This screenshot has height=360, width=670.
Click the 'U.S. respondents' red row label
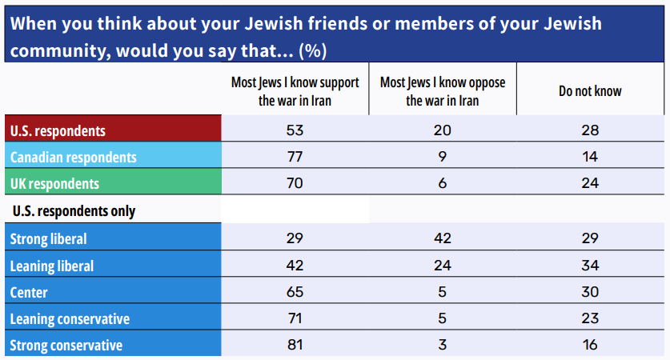point(58,130)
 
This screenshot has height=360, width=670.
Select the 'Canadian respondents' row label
point(73,157)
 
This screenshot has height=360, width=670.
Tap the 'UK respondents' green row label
point(54,183)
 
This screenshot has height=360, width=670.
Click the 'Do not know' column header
point(590,91)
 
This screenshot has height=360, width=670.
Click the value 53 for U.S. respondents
point(295,130)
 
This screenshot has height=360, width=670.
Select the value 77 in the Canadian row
point(295,157)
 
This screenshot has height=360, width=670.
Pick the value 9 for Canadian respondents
point(442,157)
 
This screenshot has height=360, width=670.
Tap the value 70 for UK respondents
point(295,183)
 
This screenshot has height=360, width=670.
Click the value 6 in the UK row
point(442,183)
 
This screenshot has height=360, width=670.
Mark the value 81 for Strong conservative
point(295,346)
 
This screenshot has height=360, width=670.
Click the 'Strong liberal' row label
point(49,238)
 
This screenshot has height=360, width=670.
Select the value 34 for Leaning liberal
point(590,265)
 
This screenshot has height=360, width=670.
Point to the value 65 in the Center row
point(295,292)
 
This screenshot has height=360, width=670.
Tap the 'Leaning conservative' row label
point(70,318)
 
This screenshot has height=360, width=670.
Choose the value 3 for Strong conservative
point(442,346)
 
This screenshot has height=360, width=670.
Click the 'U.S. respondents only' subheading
point(73,211)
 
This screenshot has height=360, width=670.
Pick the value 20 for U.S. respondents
point(442,130)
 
